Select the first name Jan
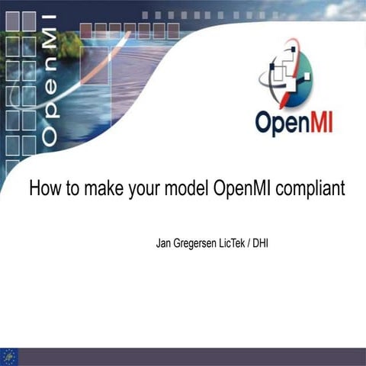[164, 246]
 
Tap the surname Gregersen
[201, 246]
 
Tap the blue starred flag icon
[10, 355]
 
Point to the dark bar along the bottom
[191, 356]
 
